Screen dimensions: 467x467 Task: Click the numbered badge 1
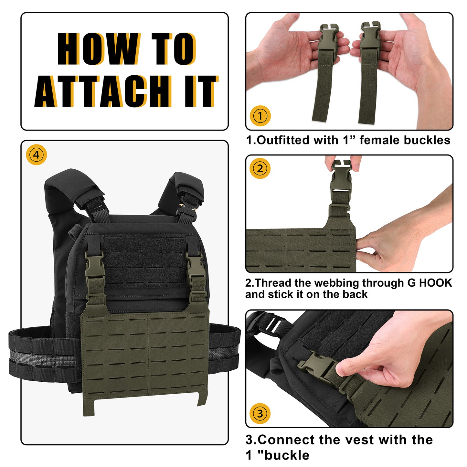pyautogui.click(x=260, y=116)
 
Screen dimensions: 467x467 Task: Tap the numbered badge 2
pyautogui.click(x=260, y=168)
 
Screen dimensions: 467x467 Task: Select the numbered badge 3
pyautogui.click(x=260, y=413)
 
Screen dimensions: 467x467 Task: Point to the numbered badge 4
pyautogui.click(x=36, y=154)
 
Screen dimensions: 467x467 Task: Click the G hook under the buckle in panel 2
pyautogui.click(x=339, y=209)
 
